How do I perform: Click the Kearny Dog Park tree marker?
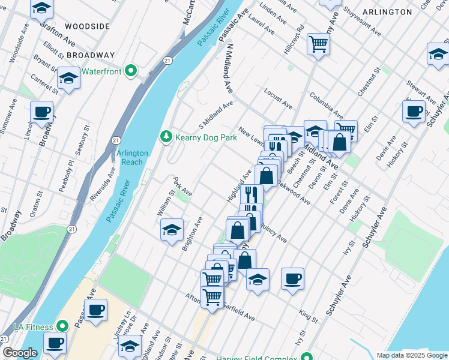pos(166,137)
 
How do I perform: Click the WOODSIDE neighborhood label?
pos(88,26)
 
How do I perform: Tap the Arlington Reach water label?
pos(131,158)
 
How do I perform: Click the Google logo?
pos(20,353)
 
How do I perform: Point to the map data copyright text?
pos(411,355)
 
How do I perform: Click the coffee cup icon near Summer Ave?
pos(42,112)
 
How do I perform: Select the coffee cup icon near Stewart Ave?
pos(414,111)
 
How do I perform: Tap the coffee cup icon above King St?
pos(292,278)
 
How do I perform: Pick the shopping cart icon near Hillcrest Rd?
pos(318,43)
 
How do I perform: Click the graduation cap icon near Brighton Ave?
pos(172,230)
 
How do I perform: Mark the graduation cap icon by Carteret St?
pos(69,78)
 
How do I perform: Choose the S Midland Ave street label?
pos(216,118)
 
